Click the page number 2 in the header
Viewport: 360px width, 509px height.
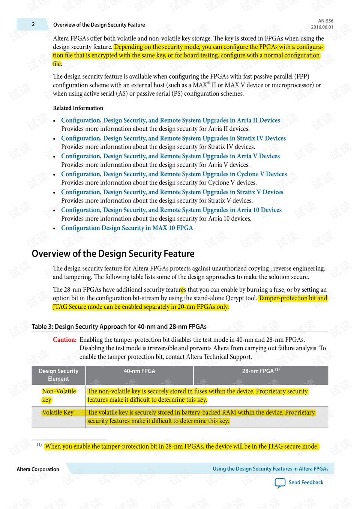tap(33, 24)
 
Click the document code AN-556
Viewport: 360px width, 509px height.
tap(325, 21)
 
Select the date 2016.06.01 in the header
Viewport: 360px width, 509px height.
tap(322, 27)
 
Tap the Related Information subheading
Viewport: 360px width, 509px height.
tap(78, 108)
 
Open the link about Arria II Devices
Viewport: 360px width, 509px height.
tap(171, 120)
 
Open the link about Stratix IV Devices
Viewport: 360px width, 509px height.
tap(173, 138)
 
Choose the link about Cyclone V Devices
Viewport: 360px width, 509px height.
tap(174, 174)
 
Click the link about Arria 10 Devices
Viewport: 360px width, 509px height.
tap(171, 210)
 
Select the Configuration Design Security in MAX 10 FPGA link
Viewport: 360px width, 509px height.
tap(127, 228)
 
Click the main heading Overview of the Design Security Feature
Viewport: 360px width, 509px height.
tap(113, 254)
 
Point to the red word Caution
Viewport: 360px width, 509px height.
tap(64, 339)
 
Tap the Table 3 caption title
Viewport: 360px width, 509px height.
tap(119, 327)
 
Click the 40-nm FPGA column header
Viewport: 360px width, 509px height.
tap(139, 371)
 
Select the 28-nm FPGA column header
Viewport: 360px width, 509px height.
tap(261, 371)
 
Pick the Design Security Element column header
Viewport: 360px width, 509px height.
tap(58, 375)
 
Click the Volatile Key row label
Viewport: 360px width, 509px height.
tap(58, 413)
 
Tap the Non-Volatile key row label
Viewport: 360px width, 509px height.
tap(59, 395)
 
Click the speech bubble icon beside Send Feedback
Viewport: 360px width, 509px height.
tap(280, 483)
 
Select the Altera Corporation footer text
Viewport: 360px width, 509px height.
tap(38, 469)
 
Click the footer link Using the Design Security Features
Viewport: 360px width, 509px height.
tap(270, 469)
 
